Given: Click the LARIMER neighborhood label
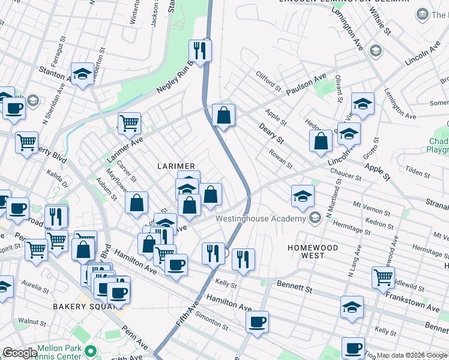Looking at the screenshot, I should click(x=176, y=166).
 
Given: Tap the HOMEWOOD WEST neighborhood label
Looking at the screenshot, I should click(x=312, y=251).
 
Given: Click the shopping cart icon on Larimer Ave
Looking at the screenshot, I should click(x=129, y=124).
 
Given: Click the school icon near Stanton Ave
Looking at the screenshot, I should click(x=82, y=74).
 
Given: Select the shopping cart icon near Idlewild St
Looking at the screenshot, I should click(x=383, y=277).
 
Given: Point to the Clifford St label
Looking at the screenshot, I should click(x=268, y=82).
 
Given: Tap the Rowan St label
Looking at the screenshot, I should click(x=281, y=158).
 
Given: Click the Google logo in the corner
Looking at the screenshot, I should click(x=20, y=353).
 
